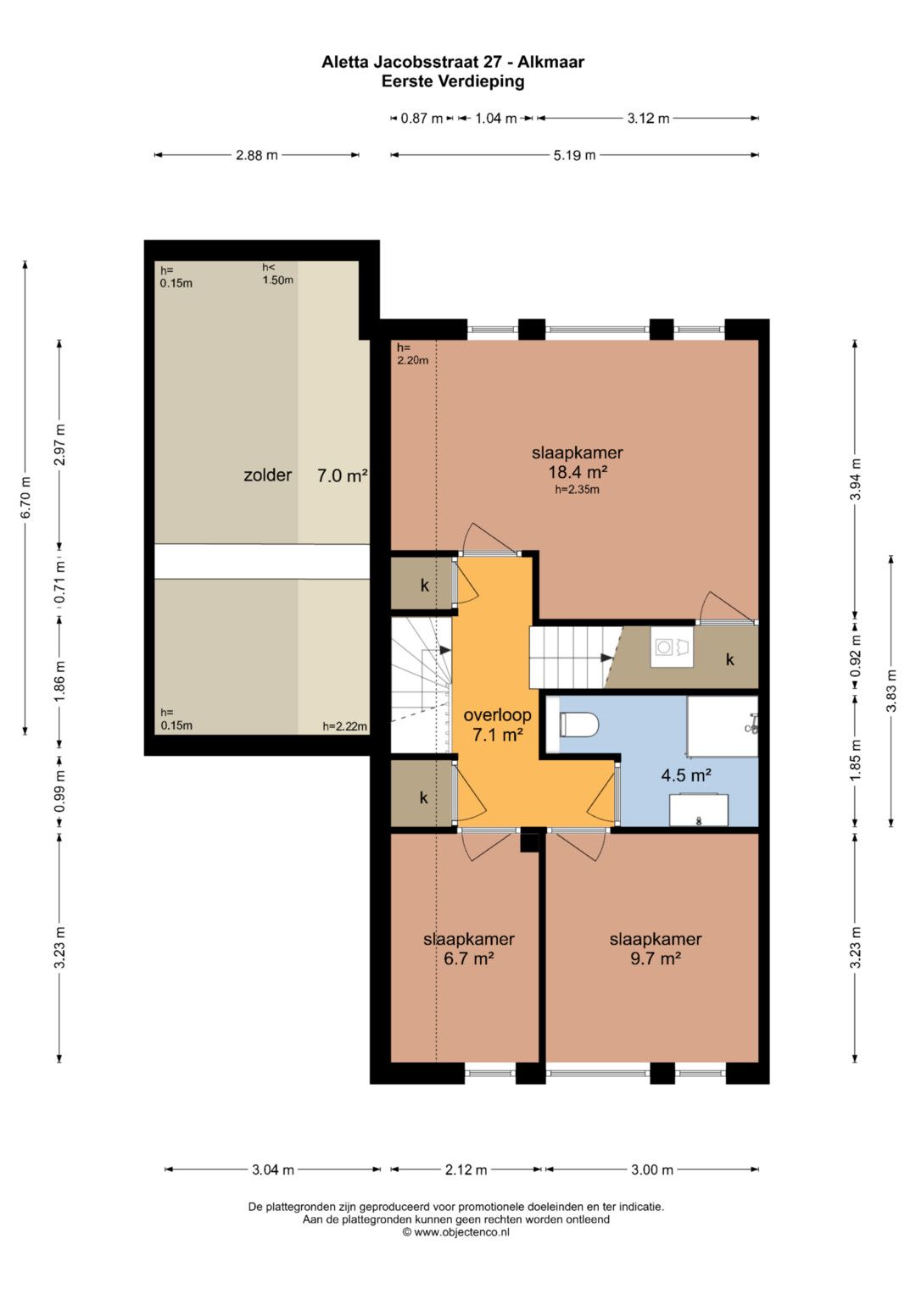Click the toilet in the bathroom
tap(578, 725)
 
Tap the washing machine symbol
tap(672, 647)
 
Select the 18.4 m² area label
tap(578, 472)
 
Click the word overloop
tap(497, 714)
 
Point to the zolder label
tap(267, 475)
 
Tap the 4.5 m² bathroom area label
tap(686, 775)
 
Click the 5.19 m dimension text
tap(574, 155)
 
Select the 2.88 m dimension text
tap(257, 155)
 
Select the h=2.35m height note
tap(577, 490)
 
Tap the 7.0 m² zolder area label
tap(343, 475)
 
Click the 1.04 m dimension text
tap(495, 119)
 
